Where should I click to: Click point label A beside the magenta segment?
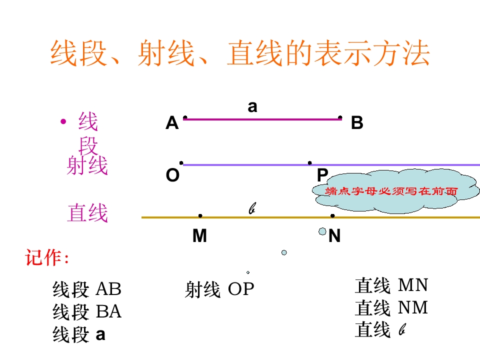click(172, 123)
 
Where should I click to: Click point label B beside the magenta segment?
click(357, 123)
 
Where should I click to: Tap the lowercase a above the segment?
click(252, 107)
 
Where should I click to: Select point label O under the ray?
click(172, 175)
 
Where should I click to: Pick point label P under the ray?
click(322, 175)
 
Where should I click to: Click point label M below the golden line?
click(199, 235)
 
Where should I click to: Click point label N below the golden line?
click(334, 235)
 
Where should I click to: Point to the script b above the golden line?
click(252, 208)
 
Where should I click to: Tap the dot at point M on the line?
click(200, 216)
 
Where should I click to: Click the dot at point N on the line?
click(333, 216)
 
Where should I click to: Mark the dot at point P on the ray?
click(310, 163)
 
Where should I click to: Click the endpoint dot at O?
click(181, 163)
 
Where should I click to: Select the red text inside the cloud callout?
click(391, 191)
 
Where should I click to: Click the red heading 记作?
click(47, 257)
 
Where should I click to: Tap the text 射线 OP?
click(219, 289)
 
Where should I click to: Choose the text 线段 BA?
click(87, 312)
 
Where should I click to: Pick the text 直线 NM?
click(391, 307)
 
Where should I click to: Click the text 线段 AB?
click(87, 289)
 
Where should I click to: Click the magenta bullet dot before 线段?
click(63, 122)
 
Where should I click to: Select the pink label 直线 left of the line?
click(87, 213)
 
